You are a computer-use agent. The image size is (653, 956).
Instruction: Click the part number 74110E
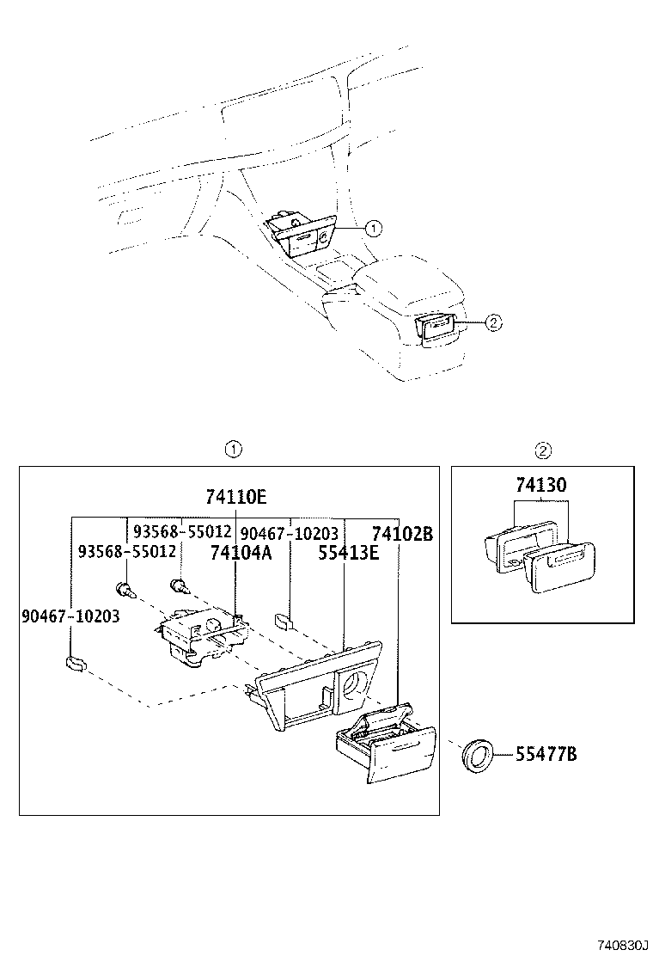click(235, 497)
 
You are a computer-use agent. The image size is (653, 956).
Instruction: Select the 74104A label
click(241, 554)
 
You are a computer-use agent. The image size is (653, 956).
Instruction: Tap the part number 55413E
click(348, 554)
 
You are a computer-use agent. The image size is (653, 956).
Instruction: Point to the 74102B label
click(401, 534)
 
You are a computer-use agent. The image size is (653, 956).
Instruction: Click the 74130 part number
click(541, 486)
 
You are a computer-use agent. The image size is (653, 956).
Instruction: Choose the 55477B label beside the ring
click(546, 755)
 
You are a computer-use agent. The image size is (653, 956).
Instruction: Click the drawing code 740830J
click(614, 944)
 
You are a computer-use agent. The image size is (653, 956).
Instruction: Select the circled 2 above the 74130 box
click(543, 449)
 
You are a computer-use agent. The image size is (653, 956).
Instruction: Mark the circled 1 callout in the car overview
click(372, 228)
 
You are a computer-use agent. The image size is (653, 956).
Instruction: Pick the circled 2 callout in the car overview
click(492, 322)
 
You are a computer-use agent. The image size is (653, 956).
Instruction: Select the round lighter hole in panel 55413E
click(354, 685)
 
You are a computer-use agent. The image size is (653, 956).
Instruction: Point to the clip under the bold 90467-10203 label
click(76, 663)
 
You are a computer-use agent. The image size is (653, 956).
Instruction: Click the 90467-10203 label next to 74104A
click(289, 534)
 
